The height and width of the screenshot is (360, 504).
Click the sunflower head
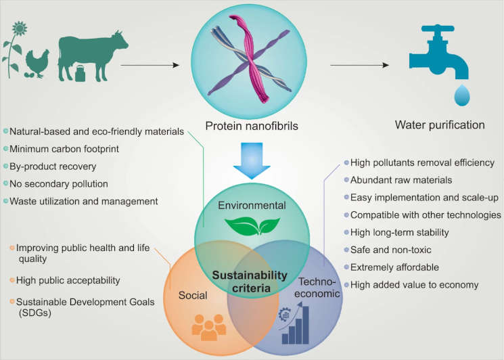(x=20, y=28)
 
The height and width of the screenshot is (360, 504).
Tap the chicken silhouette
(x=37, y=64)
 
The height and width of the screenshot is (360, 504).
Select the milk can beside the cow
(x=80, y=73)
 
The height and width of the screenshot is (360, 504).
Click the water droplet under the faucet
(x=462, y=95)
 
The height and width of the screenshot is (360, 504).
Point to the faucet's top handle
(x=438, y=28)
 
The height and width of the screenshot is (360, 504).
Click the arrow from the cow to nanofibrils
(x=150, y=65)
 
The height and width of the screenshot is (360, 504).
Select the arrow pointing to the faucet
(x=360, y=65)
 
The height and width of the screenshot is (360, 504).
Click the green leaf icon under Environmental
(x=252, y=225)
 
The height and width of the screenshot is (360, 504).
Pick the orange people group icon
(x=209, y=328)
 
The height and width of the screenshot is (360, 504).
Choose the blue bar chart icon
(x=295, y=325)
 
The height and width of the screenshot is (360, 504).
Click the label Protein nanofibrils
(x=252, y=126)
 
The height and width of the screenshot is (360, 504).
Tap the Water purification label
(x=440, y=125)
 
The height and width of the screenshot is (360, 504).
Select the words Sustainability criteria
(x=250, y=282)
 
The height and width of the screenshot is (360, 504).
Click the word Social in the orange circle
(x=193, y=296)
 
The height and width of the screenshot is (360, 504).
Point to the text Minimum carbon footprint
(x=64, y=149)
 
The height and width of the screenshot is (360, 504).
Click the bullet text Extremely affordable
(x=394, y=267)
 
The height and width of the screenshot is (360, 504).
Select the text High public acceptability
(x=68, y=280)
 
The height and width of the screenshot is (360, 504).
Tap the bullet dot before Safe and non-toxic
(x=346, y=250)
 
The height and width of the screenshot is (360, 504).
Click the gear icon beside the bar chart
(x=285, y=314)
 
